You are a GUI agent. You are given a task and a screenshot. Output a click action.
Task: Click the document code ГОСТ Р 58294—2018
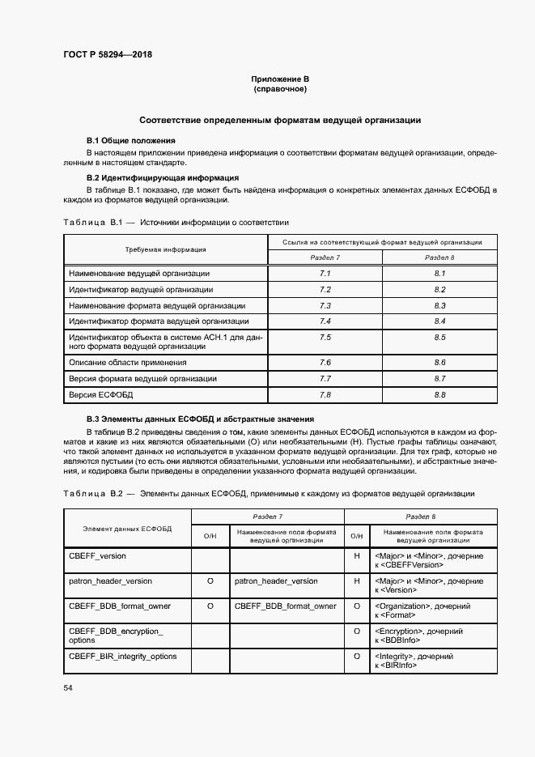[x=107, y=55]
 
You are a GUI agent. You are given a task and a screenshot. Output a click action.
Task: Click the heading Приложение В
[x=280, y=79]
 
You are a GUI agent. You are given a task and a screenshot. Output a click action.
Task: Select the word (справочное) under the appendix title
[x=280, y=88]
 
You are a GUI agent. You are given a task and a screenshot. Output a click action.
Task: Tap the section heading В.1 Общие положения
[x=125, y=140]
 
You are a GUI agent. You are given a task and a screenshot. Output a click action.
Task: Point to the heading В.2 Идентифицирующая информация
[x=162, y=176]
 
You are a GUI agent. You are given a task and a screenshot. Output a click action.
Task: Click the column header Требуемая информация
[x=165, y=249]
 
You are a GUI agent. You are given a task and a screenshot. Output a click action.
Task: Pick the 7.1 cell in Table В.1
[x=325, y=274]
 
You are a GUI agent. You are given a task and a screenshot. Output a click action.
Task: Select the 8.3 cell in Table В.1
[x=440, y=306]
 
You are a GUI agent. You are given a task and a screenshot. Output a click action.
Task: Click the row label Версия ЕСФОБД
[x=101, y=394]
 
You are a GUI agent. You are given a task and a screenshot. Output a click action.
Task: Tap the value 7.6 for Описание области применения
[x=325, y=362]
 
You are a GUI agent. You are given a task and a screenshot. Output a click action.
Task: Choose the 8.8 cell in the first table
[x=440, y=394]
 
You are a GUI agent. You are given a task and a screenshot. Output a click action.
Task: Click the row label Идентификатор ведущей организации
[x=141, y=290]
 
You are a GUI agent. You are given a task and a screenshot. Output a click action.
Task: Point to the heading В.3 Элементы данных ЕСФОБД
[x=200, y=419]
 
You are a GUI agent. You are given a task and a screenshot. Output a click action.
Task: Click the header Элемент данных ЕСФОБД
[x=127, y=529]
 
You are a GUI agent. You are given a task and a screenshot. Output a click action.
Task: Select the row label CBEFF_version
[x=97, y=557]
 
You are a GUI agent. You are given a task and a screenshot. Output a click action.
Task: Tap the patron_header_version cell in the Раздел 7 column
[x=276, y=581]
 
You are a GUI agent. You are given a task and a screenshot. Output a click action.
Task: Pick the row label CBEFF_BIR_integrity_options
[x=122, y=656]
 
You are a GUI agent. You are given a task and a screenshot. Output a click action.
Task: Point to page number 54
[x=67, y=687]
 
